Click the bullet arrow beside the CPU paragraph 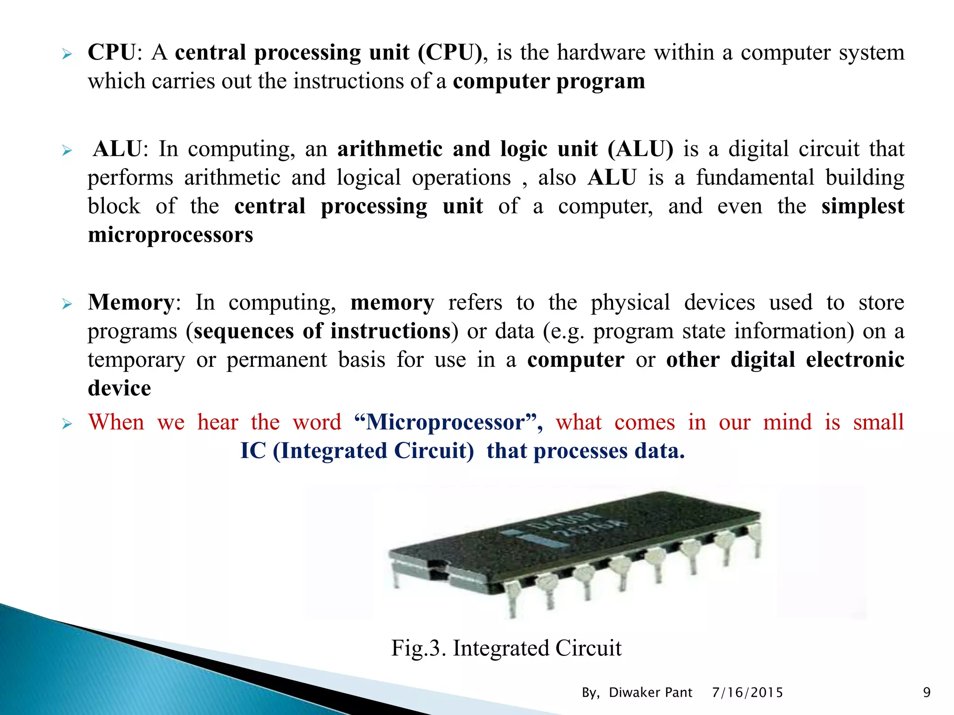[x=67, y=55]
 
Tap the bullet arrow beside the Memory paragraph [x=67, y=305]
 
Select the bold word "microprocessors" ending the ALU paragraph [x=170, y=235]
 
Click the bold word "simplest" [x=862, y=206]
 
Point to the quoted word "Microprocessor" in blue [x=446, y=422]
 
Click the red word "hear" [x=218, y=422]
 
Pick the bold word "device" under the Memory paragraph [x=119, y=388]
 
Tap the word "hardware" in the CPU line [x=601, y=52]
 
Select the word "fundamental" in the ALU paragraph [x=755, y=178]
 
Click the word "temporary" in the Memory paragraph [x=136, y=360]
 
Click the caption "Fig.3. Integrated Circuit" [x=506, y=648]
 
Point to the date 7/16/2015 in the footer [x=747, y=693]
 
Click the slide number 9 [x=927, y=693]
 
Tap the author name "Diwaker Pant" [x=650, y=693]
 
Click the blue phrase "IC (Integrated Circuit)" [x=357, y=451]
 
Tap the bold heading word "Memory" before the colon [x=131, y=303]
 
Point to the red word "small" [x=878, y=422]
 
